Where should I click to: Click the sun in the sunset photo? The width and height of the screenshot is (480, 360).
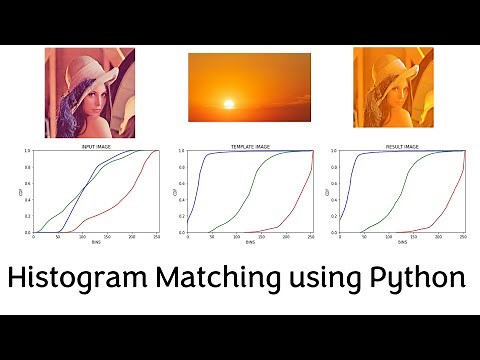click(x=227, y=104)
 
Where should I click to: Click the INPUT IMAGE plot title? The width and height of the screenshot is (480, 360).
click(x=96, y=146)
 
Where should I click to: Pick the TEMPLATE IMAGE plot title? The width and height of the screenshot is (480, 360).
click(x=248, y=146)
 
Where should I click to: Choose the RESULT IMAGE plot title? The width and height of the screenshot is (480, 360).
click(x=402, y=146)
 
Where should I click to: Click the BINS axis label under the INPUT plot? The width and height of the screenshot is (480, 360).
click(x=96, y=244)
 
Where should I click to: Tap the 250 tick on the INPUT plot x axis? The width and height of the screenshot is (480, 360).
click(x=157, y=237)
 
